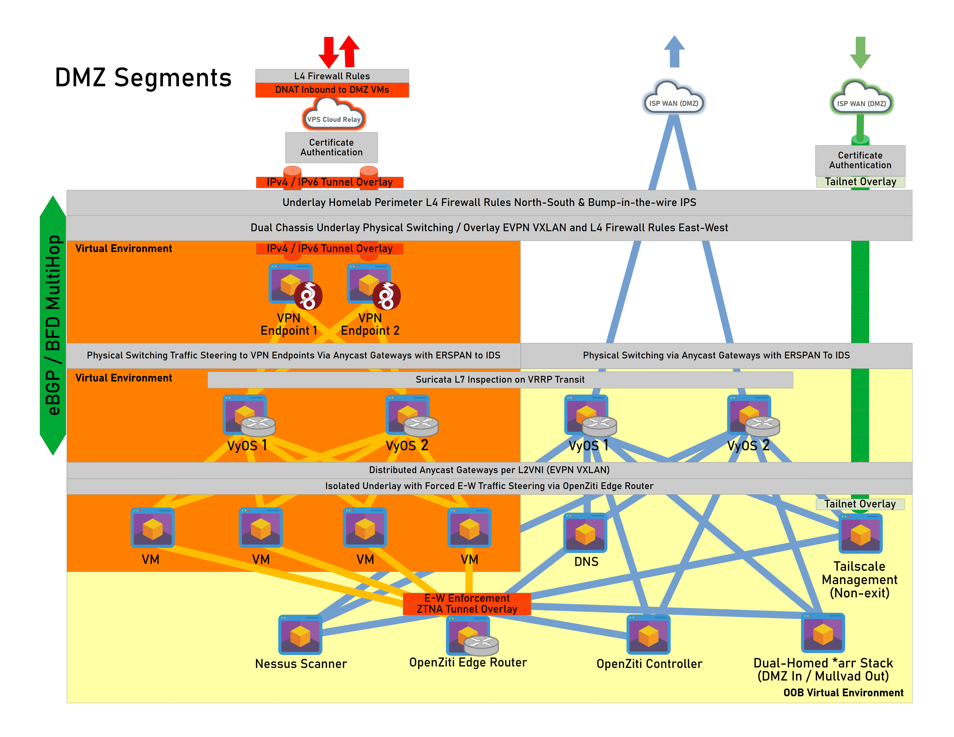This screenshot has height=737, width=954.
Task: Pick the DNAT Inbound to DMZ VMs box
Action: tap(332, 90)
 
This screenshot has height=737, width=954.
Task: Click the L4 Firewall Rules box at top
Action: tap(332, 76)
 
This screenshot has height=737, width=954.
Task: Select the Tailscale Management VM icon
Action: tap(860, 534)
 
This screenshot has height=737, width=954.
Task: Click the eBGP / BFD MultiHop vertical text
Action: tap(53, 325)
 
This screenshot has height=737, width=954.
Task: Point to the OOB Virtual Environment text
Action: tap(843, 693)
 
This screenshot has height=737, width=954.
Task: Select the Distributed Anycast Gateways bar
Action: tap(489, 470)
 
